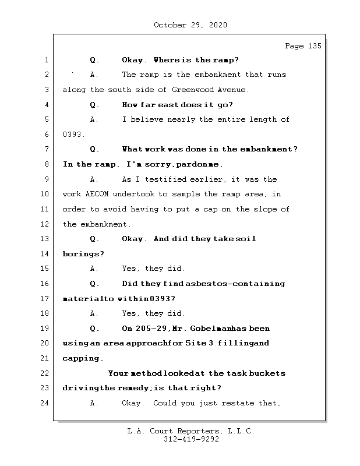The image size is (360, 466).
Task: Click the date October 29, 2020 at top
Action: (190, 25)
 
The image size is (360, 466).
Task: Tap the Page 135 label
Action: (302, 46)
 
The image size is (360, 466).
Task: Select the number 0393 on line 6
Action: (73, 135)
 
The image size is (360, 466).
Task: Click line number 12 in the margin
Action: (46, 224)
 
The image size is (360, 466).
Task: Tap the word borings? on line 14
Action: (83, 254)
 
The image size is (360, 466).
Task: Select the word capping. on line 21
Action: (83, 358)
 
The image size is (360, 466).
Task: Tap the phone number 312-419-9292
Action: (191, 440)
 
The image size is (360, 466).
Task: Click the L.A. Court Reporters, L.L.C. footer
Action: (190, 432)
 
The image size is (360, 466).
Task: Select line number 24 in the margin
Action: (46, 403)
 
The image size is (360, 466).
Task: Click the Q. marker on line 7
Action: (96, 150)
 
